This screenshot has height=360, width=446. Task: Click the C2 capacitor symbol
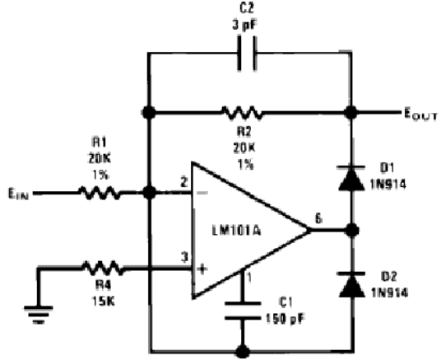click(247, 53)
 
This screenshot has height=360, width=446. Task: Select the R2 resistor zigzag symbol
click(242, 113)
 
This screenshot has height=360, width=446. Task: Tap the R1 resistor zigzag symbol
click(100, 193)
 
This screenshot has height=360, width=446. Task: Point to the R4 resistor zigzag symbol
click(103, 268)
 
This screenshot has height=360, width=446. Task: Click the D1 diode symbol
click(351, 178)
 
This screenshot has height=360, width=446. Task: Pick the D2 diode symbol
click(352, 285)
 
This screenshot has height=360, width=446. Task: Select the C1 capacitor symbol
click(243, 311)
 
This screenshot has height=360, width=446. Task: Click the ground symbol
click(39, 315)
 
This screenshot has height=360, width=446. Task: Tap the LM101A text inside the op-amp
click(237, 231)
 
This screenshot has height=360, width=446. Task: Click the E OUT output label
click(421, 115)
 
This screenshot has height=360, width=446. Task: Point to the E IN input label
click(18, 194)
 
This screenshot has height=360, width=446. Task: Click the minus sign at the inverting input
click(202, 193)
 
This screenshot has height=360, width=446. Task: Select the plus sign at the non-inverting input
click(202, 269)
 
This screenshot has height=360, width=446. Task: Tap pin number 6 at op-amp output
click(318, 219)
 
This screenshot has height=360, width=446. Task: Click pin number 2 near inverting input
click(184, 182)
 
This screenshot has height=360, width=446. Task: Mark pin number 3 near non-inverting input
click(184, 257)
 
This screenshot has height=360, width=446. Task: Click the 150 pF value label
click(285, 319)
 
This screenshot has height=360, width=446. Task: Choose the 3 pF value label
click(244, 26)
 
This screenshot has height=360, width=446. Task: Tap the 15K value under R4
click(103, 301)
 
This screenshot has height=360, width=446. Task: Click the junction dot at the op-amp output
click(352, 230)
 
